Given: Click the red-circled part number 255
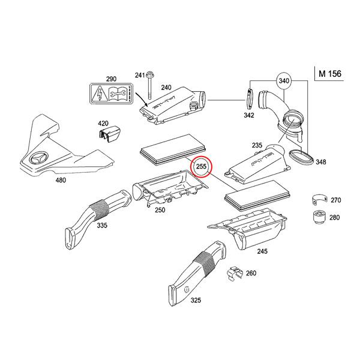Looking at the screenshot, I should tap(201, 166).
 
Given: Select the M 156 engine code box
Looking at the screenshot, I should tap(329, 74).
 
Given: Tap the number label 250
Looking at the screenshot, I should tap(160, 210).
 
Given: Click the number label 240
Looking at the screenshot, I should tap(166, 88).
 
